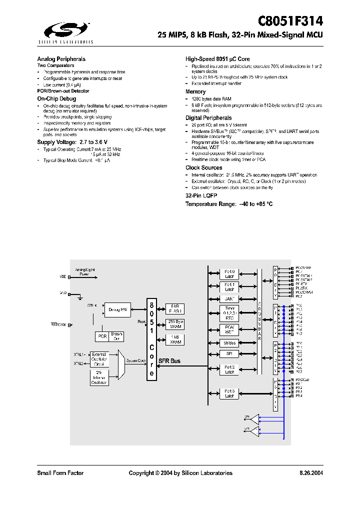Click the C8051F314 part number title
click(x=290, y=21)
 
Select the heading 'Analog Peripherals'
click(x=61, y=59)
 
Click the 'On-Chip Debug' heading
click(x=56, y=99)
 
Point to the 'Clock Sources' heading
click(x=204, y=167)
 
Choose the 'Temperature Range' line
click(x=229, y=204)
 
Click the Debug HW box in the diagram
click(x=117, y=310)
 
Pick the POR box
click(x=102, y=336)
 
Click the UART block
click(x=229, y=298)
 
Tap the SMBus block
click(x=229, y=343)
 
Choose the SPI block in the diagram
click(x=229, y=353)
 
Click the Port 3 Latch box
click(x=229, y=393)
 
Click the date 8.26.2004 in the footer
click(x=310, y=473)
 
